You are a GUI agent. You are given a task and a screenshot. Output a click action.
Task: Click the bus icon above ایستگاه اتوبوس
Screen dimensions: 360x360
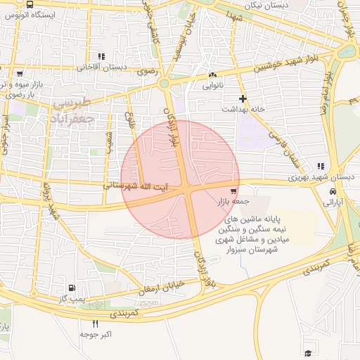click(29, 4)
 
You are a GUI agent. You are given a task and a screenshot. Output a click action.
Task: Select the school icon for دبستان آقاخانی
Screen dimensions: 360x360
click(102, 56)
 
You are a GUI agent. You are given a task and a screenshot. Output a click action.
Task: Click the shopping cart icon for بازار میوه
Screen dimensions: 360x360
click(20, 73)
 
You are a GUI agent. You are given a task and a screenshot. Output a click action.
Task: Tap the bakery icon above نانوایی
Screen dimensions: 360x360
click(212, 75)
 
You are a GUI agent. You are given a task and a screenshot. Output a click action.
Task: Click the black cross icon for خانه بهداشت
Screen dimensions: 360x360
click(243, 99)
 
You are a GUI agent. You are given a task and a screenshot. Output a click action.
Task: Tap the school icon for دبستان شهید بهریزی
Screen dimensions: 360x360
click(321, 167)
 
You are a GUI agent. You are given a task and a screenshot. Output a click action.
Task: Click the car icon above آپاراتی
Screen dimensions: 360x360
click(333, 191)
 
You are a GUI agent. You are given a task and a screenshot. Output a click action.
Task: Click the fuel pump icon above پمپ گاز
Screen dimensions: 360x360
click(72, 288)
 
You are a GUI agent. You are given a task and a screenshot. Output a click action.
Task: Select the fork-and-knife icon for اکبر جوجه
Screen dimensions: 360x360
click(96, 323)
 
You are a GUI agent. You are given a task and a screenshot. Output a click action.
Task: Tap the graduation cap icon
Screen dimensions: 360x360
click(308, 352)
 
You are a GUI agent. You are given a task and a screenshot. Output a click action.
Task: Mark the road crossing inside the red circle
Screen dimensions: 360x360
click(191, 193)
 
